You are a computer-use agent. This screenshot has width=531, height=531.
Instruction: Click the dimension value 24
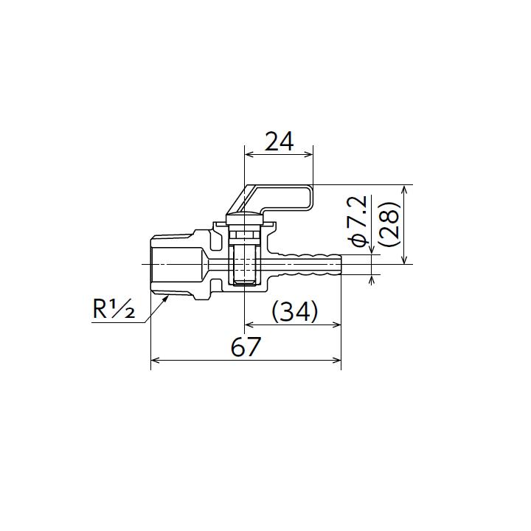(x=279, y=141)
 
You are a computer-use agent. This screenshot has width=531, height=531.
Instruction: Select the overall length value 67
(x=246, y=346)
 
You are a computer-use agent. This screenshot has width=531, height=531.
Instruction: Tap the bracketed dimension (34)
(x=295, y=311)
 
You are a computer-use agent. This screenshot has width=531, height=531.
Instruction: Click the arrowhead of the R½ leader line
(x=166, y=296)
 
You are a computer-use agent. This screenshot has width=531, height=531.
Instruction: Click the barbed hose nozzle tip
(x=336, y=263)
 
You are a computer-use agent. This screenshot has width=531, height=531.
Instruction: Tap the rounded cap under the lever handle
(x=243, y=218)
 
